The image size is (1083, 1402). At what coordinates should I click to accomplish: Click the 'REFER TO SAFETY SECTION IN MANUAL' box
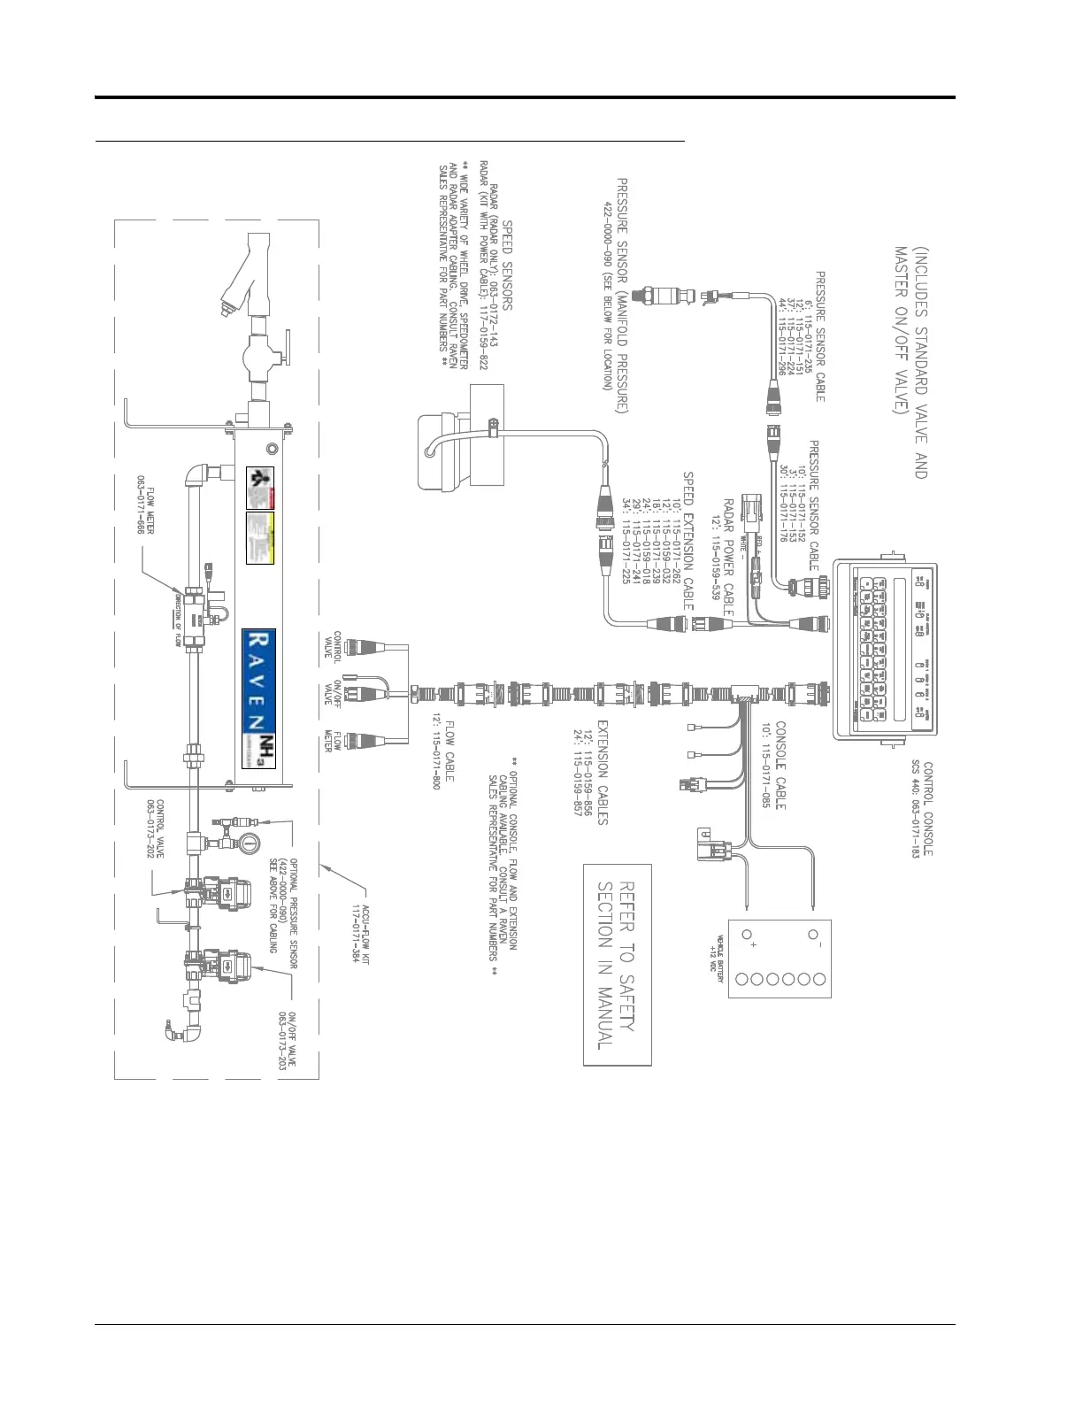pyautogui.click(x=618, y=965)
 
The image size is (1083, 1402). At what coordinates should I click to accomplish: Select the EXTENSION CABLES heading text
pyautogui.click(x=602, y=772)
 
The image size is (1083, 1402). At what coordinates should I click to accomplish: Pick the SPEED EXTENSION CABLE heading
pyautogui.click(x=687, y=540)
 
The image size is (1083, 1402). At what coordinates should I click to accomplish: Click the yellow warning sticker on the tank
pyautogui.click(x=259, y=538)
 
